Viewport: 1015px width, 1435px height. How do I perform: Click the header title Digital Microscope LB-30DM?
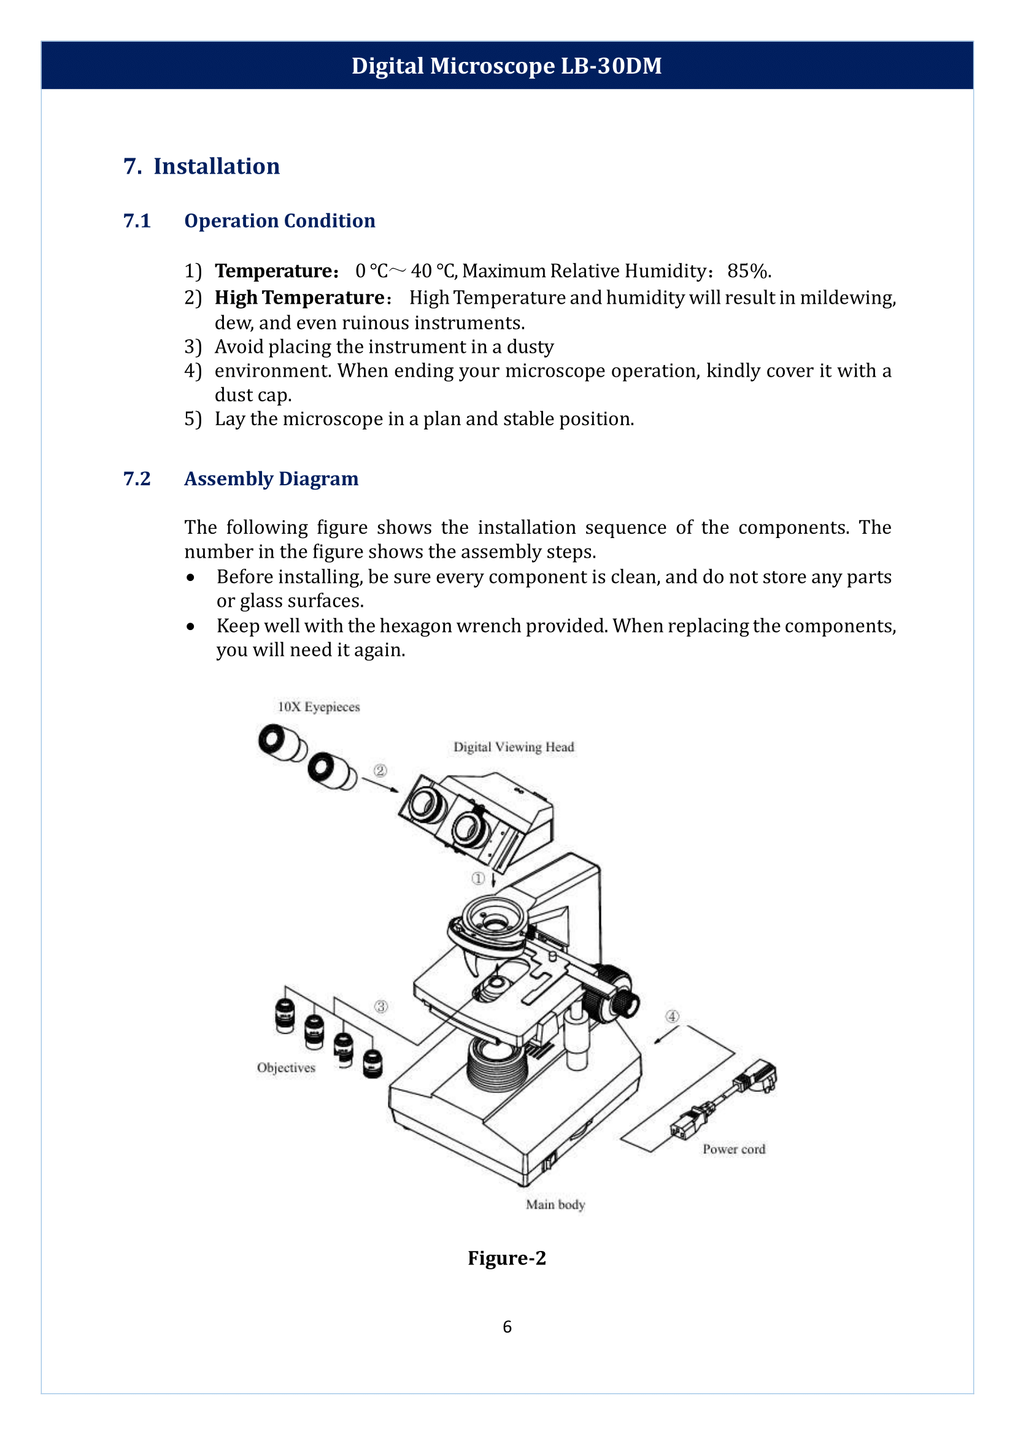click(506, 66)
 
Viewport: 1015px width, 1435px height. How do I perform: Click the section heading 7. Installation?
click(201, 166)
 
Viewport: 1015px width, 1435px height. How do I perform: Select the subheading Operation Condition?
click(279, 221)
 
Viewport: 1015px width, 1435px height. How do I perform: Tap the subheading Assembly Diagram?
click(271, 479)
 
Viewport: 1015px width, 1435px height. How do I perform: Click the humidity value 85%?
click(749, 271)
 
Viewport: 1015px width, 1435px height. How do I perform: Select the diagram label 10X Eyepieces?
click(318, 707)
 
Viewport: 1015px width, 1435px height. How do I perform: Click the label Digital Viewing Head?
click(513, 747)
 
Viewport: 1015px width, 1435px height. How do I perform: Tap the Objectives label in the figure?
click(286, 1068)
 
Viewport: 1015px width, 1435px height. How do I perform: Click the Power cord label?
click(734, 1148)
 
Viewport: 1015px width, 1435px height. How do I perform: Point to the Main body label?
click(555, 1204)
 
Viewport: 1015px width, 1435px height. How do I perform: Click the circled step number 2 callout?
click(380, 771)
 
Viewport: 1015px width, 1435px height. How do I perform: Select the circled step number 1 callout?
click(478, 879)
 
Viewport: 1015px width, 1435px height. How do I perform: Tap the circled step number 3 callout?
click(380, 1007)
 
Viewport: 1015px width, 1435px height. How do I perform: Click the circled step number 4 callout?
click(672, 1016)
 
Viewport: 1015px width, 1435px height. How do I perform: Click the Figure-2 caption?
click(507, 1258)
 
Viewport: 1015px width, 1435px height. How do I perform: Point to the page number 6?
click(507, 1326)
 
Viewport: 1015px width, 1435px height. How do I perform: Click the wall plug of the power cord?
click(758, 1077)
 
